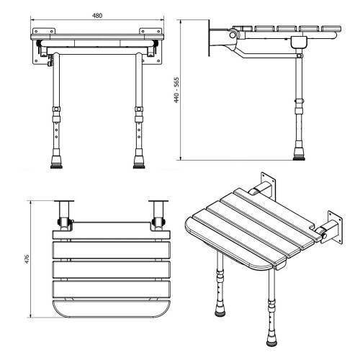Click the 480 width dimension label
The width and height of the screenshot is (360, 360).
coord(97,16)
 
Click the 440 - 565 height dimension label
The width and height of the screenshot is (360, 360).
coord(176,90)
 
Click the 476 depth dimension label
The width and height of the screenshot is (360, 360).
coord(27,259)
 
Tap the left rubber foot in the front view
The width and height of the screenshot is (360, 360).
coord(56,162)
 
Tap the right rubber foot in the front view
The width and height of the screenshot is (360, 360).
coord(139,162)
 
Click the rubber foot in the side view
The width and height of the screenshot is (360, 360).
coord(299,154)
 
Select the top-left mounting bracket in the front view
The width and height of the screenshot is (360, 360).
coord(44,31)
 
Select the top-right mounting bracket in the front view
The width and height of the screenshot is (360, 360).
coord(150,31)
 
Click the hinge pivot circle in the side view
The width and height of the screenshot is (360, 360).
coord(233,35)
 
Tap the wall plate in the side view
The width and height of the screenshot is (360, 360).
coord(209,38)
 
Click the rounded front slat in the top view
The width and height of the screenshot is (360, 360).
coord(112,308)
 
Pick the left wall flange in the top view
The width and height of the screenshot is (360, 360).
coord(64,201)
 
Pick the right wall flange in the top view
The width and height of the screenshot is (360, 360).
coord(158,201)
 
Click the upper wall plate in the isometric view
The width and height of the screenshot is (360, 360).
coord(269,185)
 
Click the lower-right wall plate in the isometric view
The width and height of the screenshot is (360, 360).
coord(335,228)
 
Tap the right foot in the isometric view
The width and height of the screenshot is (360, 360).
coord(272,341)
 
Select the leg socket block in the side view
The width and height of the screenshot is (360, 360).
coord(299,42)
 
